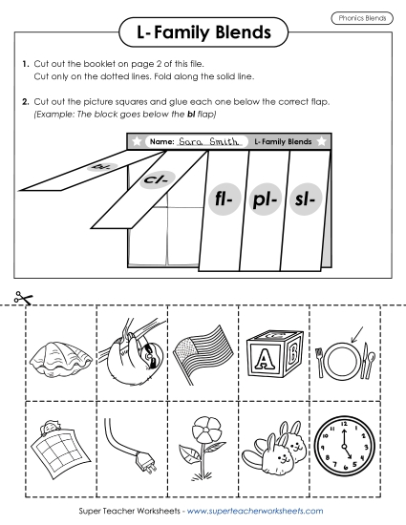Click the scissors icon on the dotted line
[22, 299]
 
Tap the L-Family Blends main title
[203, 35]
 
